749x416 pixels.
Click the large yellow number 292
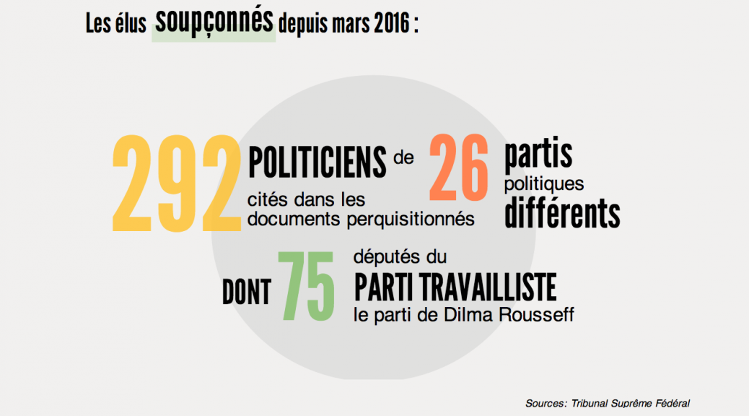coord(176,183)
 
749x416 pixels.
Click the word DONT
coord(246,292)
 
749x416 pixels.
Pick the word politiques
coord(543,185)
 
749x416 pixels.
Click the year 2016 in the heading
coord(388,25)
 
